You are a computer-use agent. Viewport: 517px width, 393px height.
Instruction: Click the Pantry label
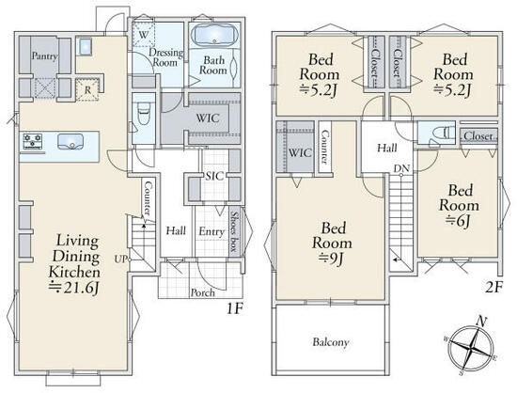(x=44, y=56)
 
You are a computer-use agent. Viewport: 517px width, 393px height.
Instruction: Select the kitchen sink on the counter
(x=70, y=141)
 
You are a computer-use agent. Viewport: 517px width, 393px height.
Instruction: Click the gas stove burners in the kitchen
(x=32, y=141)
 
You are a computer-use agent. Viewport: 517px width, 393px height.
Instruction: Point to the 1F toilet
(x=144, y=113)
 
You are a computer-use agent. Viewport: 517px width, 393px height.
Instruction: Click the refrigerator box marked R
(x=87, y=89)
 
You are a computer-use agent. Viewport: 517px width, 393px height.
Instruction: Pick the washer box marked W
(x=144, y=34)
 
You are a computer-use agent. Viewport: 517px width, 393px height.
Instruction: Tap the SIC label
(x=214, y=176)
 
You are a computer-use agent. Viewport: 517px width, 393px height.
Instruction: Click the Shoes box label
(x=234, y=232)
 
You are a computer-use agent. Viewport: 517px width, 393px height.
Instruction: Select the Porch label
(x=203, y=292)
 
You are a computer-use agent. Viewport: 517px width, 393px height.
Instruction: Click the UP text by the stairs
(x=119, y=259)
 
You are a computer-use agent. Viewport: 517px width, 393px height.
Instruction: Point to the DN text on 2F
(x=401, y=168)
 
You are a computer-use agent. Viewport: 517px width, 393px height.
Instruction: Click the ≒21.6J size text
(x=73, y=288)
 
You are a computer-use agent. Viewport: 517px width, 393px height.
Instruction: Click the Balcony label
(x=330, y=342)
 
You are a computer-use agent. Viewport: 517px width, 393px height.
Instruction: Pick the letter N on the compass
(x=482, y=321)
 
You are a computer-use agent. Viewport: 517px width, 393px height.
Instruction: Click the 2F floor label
(x=493, y=288)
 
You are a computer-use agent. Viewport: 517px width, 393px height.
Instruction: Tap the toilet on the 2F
(x=440, y=134)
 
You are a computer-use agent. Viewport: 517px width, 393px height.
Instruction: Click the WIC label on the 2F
(x=300, y=152)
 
